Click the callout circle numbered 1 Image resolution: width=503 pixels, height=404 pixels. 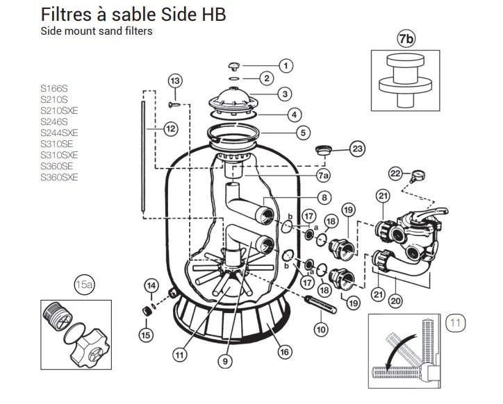click(285, 65)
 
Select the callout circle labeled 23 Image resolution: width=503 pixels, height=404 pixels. click(357, 149)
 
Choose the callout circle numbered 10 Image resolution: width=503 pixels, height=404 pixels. click(320, 330)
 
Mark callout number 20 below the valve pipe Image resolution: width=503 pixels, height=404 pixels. click(396, 301)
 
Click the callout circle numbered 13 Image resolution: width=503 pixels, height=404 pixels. click(175, 82)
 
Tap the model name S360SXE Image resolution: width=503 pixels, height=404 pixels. click(60, 177)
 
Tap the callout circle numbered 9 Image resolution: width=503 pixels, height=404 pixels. click(224, 360)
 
